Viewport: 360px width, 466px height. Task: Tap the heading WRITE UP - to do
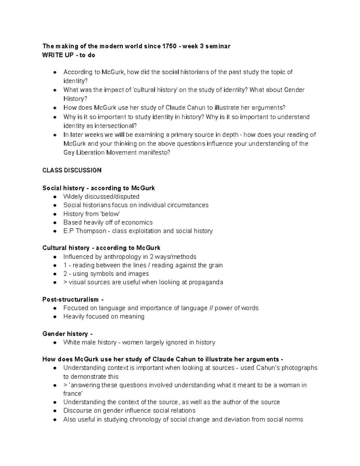69,55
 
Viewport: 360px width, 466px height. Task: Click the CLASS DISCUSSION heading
72,170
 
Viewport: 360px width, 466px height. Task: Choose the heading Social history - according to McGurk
98,188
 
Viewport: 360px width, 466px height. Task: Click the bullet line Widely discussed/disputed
101,197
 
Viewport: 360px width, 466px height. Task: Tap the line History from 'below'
91,214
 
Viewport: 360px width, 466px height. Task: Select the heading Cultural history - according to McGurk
101,248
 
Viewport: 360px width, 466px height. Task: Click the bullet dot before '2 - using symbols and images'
55,274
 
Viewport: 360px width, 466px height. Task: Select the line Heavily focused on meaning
104,317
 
